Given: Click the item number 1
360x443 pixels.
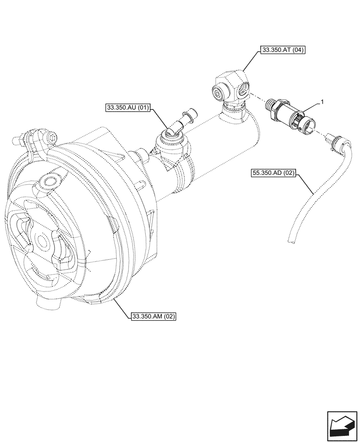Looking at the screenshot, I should pyautogui.click(x=322, y=102).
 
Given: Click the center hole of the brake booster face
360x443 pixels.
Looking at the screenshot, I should pyautogui.click(x=43, y=241).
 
